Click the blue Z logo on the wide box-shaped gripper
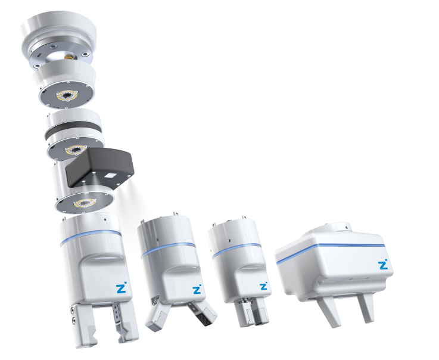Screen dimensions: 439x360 [383, 265]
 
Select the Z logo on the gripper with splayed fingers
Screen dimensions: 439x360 [197, 290]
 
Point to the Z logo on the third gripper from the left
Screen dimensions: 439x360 [263, 286]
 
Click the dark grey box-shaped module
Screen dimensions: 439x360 [99, 167]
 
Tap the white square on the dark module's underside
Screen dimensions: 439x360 [110, 176]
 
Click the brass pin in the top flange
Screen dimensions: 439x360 [68, 57]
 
